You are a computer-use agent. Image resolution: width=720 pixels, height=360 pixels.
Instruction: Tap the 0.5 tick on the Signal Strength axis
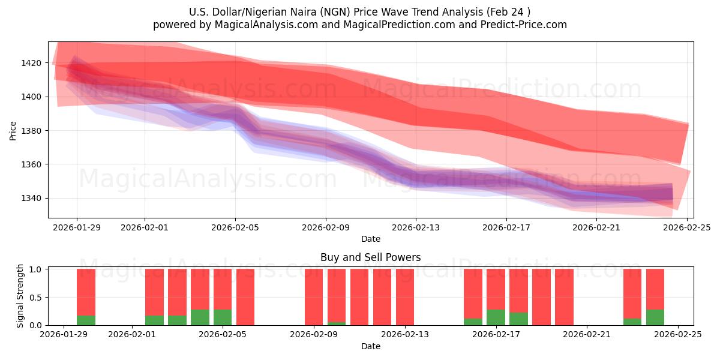(x=34, y=298)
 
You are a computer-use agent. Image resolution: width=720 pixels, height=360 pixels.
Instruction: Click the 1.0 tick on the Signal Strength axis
(x=34, y=269)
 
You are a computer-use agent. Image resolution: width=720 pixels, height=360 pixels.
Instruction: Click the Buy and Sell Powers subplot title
(x=370, y=257)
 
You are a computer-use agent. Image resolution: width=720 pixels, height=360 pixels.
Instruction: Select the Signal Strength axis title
(x=20, y=296)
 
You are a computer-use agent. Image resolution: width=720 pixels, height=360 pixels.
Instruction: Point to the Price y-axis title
(x=13, y=130)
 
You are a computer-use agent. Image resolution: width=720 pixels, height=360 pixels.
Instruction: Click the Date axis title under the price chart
(x=370, y=239)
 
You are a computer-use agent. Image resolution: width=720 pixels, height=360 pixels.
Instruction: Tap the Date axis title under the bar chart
(x=370, y=346)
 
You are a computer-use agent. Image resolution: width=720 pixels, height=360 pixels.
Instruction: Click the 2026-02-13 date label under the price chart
(x=416, y=227)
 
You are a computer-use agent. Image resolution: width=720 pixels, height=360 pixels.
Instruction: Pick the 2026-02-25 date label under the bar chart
(x=678, y=335)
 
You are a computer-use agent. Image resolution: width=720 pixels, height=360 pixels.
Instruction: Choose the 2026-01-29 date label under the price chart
(x=77, y=227)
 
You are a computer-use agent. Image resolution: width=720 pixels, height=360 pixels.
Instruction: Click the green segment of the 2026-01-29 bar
(x=86, y=320)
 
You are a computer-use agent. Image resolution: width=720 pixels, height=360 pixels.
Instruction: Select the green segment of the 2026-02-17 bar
(x=496, y=317)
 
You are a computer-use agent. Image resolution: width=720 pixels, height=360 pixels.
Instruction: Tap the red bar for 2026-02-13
(x=405, y=297)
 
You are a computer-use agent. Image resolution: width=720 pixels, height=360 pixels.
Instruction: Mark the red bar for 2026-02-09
(x=314, y=297)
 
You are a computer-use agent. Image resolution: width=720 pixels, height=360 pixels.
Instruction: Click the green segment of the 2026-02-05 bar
(x=223, y=317)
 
